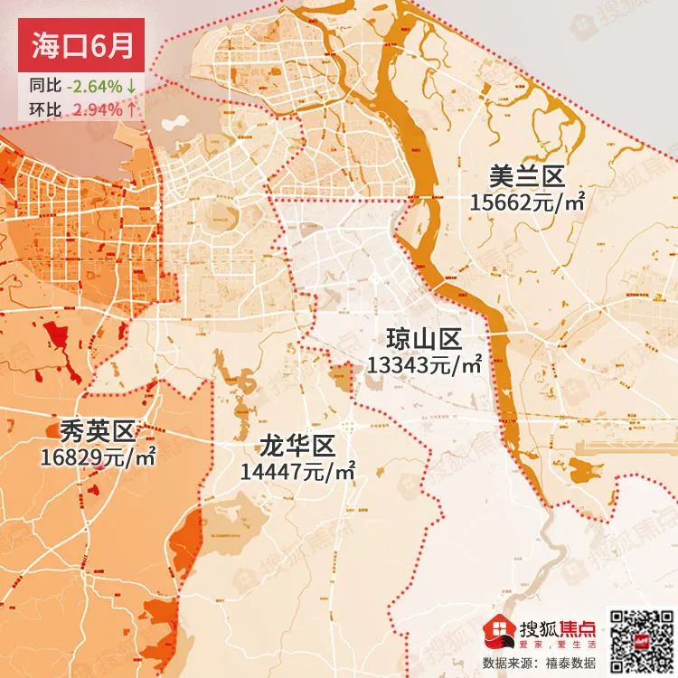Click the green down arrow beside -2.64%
coord(132,87)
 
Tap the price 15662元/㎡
coord(527,202)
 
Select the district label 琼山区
coord(424,340)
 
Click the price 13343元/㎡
coord(424,364)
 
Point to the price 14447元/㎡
coord(297,471)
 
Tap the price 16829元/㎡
coord(98,457)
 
